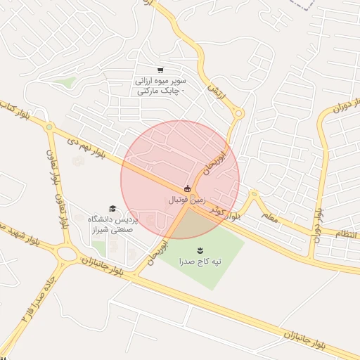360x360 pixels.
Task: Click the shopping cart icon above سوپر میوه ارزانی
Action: pos(160,70)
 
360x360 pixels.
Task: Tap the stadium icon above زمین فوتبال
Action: pos(187,188)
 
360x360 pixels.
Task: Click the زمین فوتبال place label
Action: pos(186,200)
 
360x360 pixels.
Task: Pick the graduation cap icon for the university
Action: pos(112,209)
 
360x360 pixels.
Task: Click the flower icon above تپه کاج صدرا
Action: pos(200,250)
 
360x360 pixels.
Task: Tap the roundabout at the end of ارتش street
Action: pos(238,112)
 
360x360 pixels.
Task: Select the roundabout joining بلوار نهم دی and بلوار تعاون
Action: pos(49,127)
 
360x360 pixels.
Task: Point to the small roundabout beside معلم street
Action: pos(254,193)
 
